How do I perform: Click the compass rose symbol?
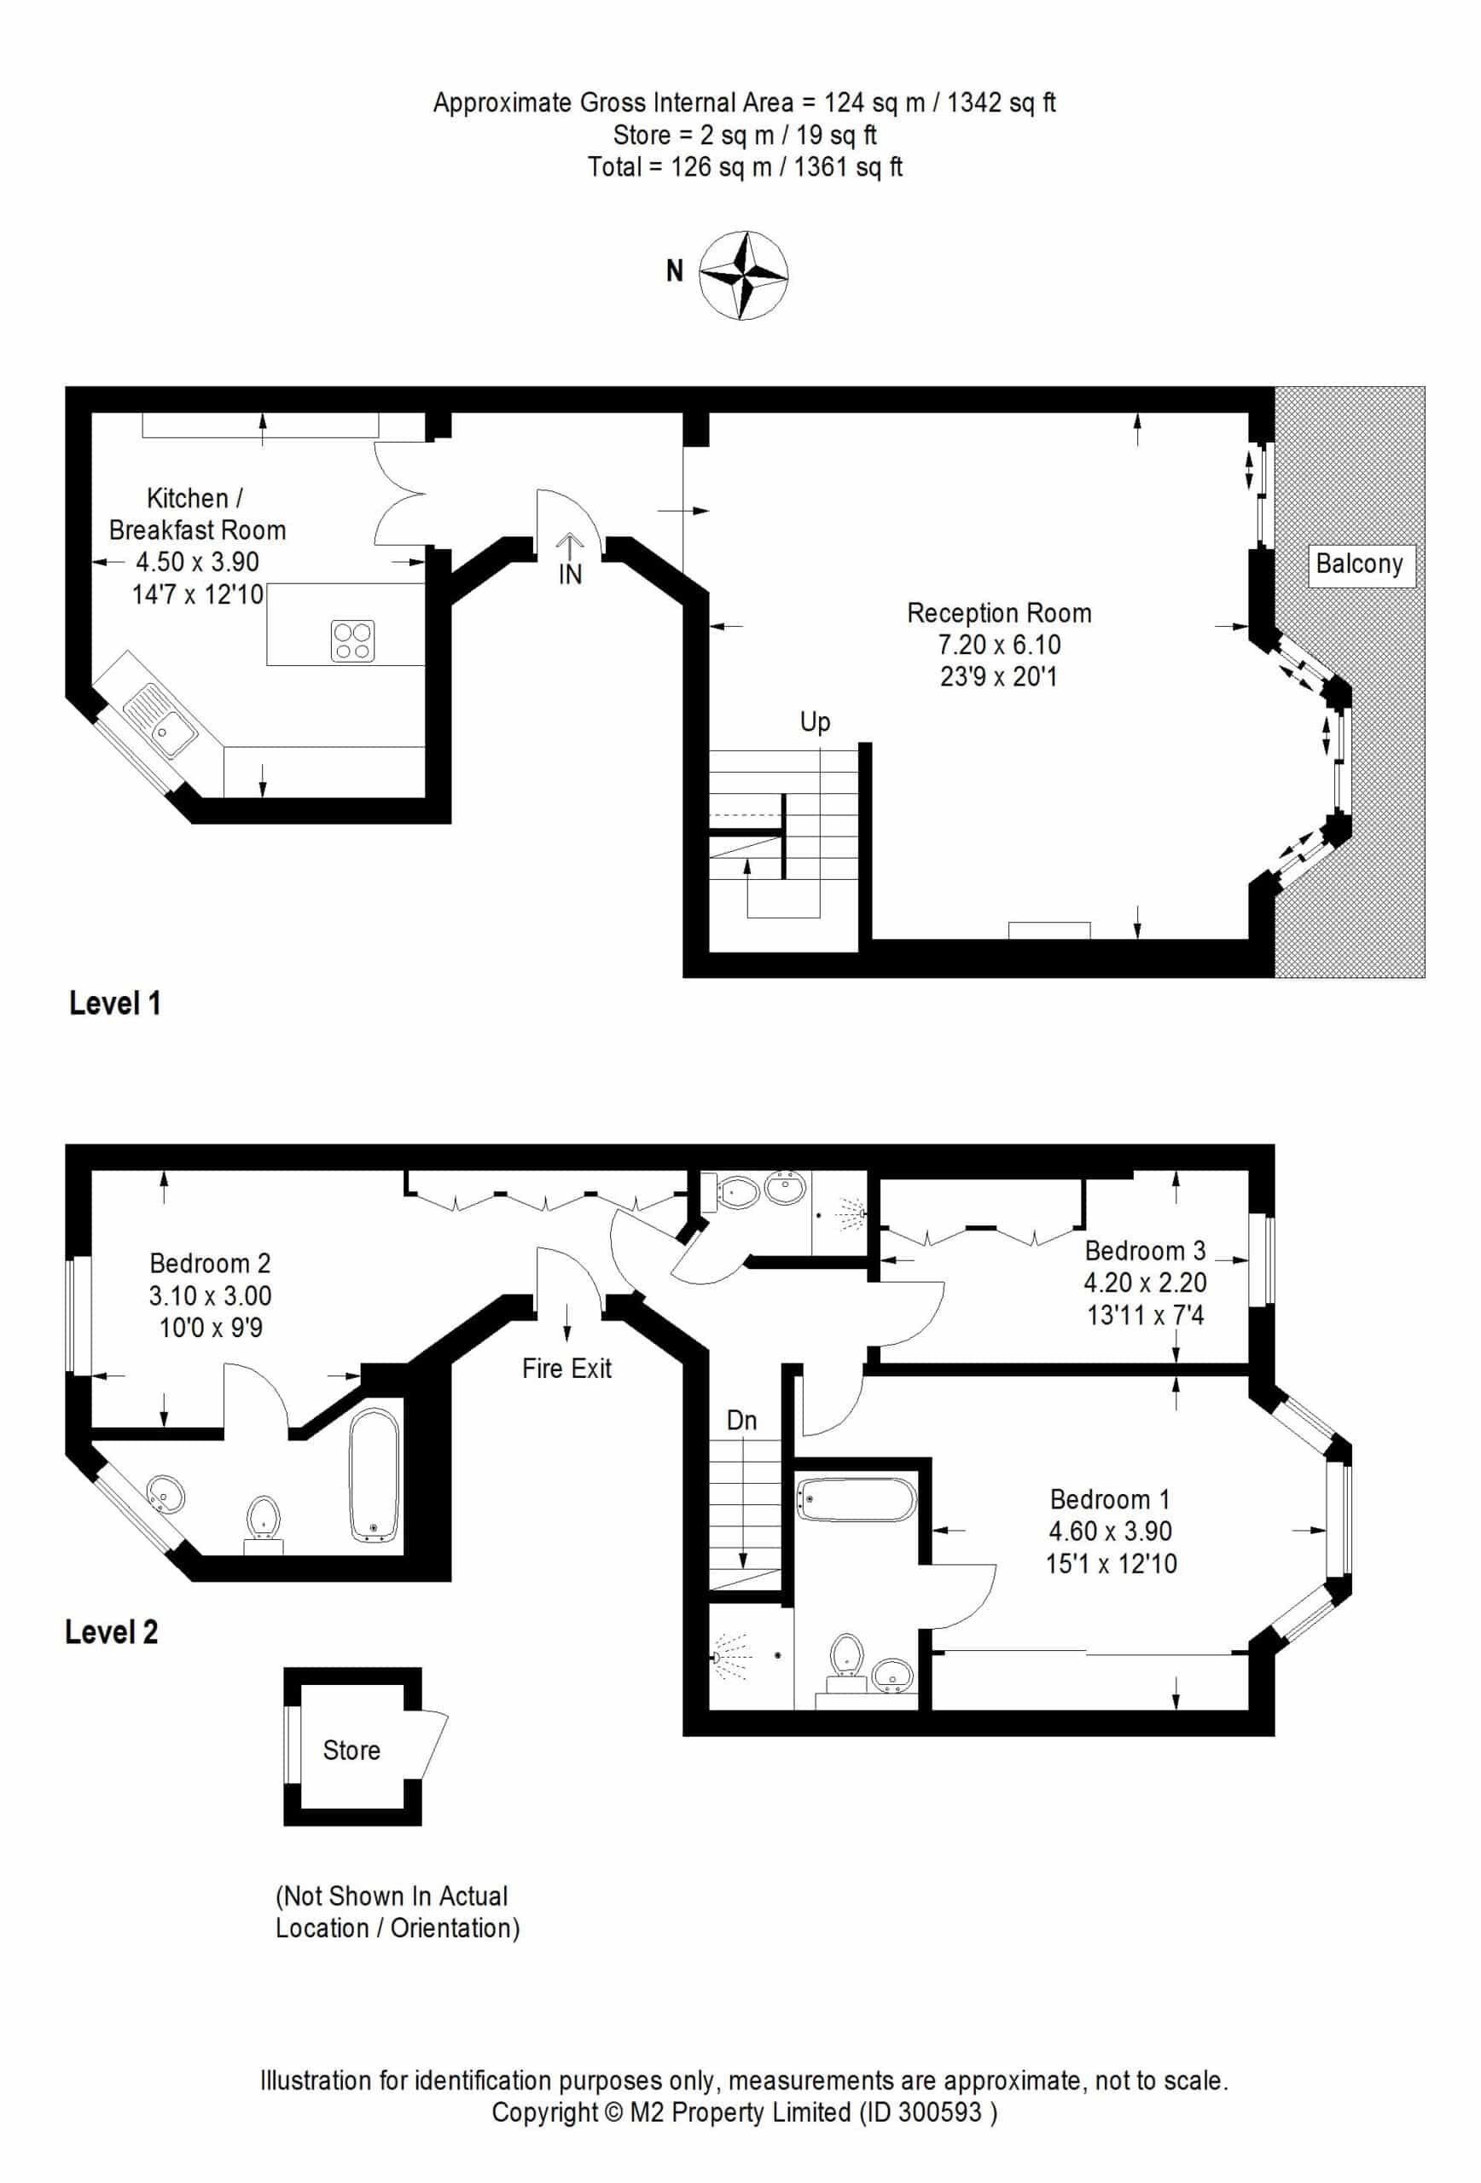click(x=743, y=275)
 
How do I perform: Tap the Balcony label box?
click(x=1361, y=564)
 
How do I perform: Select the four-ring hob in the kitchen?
click(x=352, y=640)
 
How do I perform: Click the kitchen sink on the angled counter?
click(x=160, y=721)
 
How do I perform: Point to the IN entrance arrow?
click(x=570, y=546)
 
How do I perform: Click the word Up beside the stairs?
click(x=815, y=723)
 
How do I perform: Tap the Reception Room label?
click(x=999, y=613)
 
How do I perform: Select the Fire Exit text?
click(x=566, y=1369)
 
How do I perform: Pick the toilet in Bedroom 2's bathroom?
click(x=264, y=1523)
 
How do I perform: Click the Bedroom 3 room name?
click(x=1145, y=1250)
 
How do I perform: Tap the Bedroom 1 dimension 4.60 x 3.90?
click(x=1111, y=1532)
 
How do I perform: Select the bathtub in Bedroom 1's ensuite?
click(x=855, y=1500)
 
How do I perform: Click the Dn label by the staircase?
click(x=741, y=1421)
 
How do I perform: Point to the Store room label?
click(x=351, y=1751)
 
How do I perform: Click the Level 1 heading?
click(x=114, y=1003)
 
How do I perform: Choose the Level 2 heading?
click(x=111, y=1631)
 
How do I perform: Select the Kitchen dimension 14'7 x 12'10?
click(x=197, y=594)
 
